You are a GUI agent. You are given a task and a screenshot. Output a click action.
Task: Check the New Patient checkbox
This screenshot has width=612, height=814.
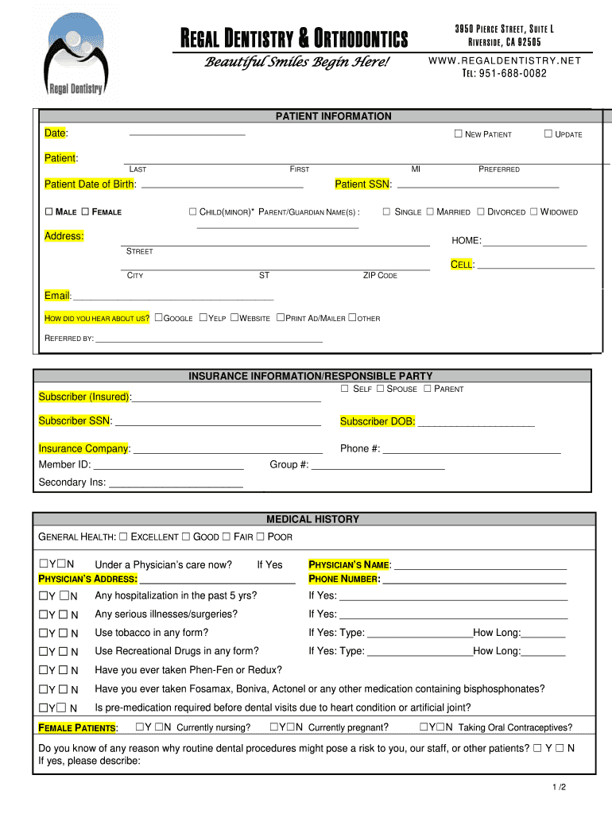tap(458, 134)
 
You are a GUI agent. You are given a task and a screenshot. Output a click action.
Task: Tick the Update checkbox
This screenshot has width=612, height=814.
tap(548, 134)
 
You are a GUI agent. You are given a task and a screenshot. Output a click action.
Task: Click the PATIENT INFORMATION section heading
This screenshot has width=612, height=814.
tap(333, 116)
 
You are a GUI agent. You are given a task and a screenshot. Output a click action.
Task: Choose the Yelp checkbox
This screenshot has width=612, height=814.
tap(203, 318)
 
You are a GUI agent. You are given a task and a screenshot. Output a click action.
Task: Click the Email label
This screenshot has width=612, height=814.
tap(57, 296)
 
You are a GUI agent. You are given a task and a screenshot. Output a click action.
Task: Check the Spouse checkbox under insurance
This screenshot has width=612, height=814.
tap(380, 389)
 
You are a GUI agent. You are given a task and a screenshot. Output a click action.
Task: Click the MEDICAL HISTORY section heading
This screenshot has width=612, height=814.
tap(312, 519)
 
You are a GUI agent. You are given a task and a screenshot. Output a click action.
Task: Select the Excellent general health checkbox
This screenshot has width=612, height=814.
tap(123, 537)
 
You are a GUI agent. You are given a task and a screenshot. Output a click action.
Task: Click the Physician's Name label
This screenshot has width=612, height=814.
tap(349, 565)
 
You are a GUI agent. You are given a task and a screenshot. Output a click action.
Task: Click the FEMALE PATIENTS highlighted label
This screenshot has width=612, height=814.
tap(78, 728)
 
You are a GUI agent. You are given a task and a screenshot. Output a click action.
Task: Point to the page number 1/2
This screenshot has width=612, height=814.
tap(560, 787)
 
